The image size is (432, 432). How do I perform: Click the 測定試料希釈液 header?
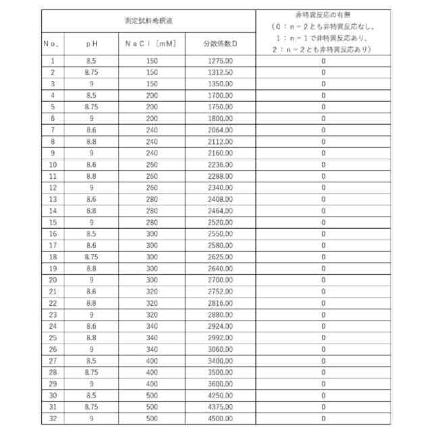click(x=148, y=20)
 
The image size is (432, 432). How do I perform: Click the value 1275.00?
click(x=221, y=61)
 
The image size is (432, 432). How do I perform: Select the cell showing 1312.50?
click(x=221, y=72)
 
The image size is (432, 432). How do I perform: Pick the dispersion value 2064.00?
click(x=221, y=130)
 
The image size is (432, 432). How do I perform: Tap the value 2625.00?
click(x=221, y=256)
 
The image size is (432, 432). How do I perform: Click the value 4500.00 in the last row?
click(x=221, y=418)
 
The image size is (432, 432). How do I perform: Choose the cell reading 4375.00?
click(x=221, y=406)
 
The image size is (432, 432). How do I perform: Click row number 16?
click(x=53, y=234)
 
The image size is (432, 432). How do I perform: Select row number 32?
click(x=53, y=418)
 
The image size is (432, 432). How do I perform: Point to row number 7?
click(x=53, y=130)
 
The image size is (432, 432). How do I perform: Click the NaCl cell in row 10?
click(x=151, y=164)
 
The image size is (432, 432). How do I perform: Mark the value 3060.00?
click(x=221, y=349)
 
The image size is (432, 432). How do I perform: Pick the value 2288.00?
click(x=221, y=175)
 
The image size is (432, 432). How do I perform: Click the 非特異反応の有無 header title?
click(x=323, y=16)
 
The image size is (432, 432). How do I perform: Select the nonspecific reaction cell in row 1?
click(x=323, y=61)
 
